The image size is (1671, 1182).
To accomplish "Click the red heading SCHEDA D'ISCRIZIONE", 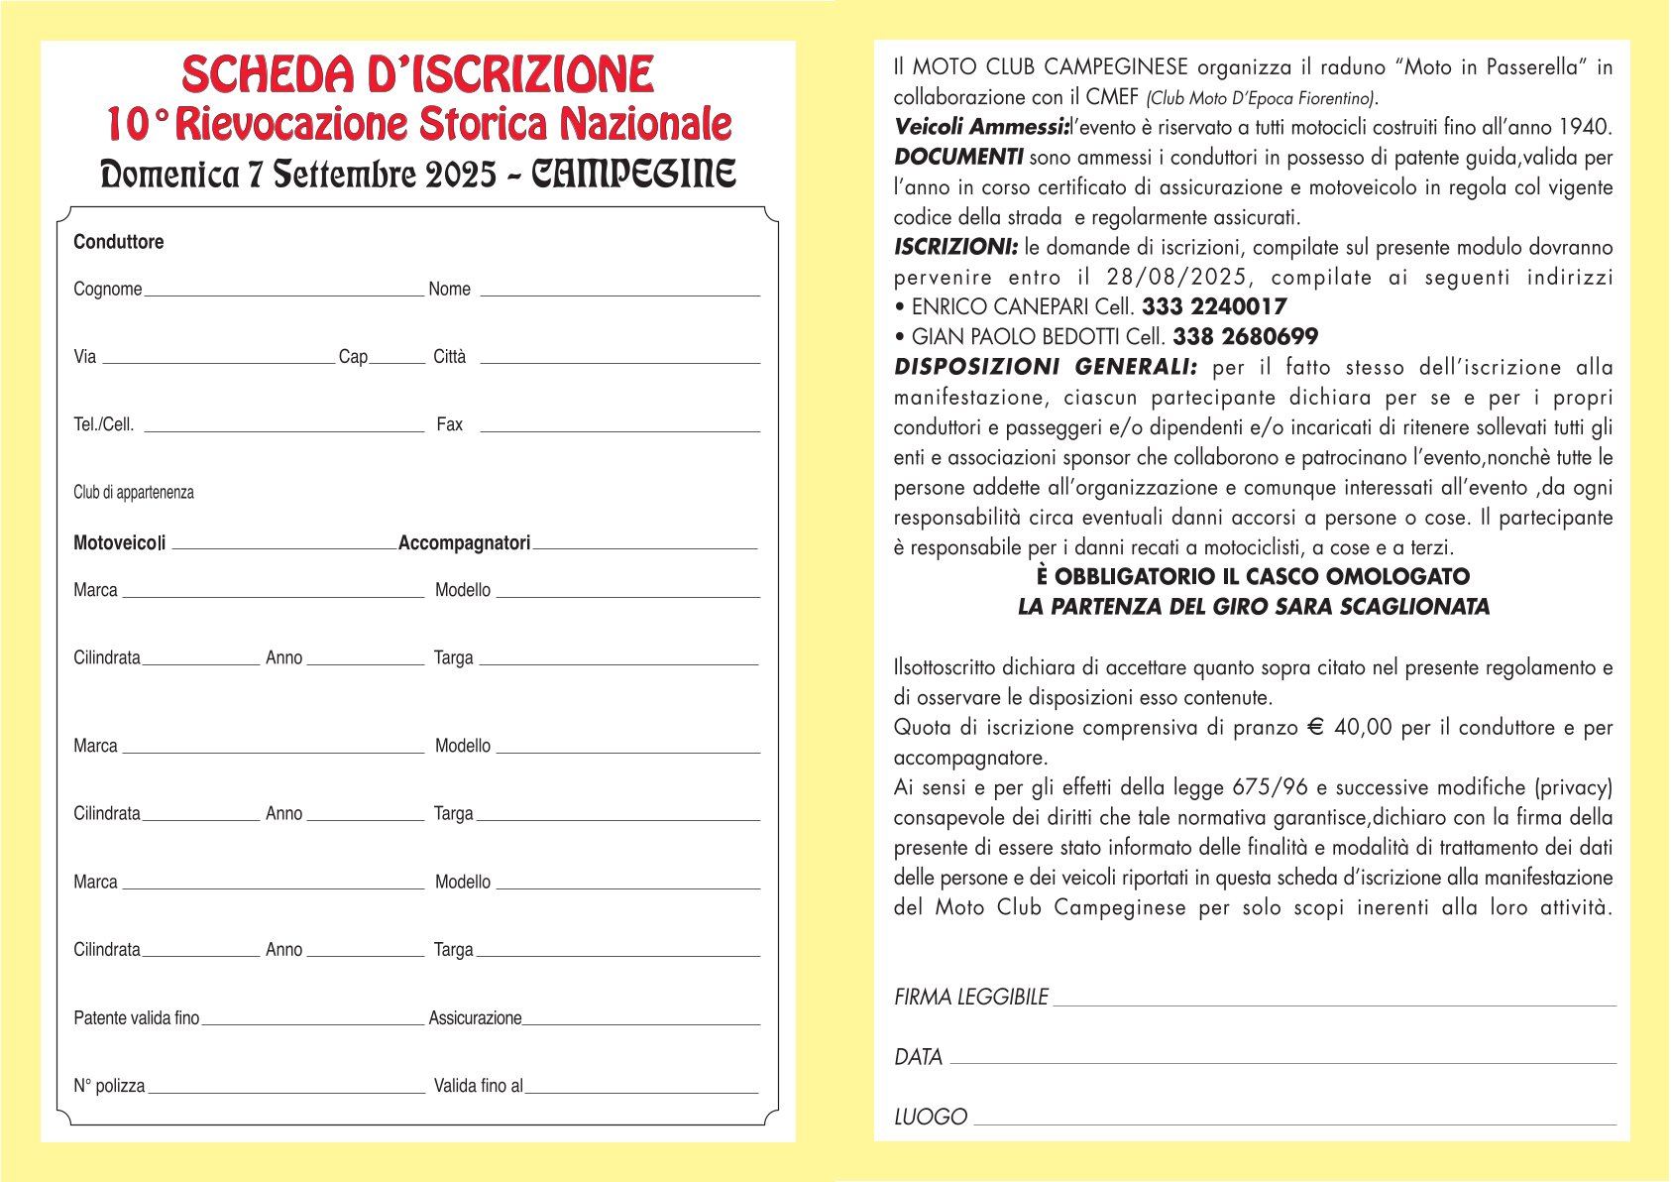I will coord(417,75).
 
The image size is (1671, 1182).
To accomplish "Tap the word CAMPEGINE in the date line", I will coord(634,175).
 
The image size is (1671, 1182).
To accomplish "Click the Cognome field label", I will coord(107,290).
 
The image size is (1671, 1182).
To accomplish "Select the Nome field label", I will coord(449,290).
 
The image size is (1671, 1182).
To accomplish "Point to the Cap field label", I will coord(353,357).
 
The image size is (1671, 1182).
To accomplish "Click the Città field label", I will coord(449,357).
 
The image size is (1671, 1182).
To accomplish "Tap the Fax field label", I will coord(449,424).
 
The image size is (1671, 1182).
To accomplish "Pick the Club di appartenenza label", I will coord(133,493).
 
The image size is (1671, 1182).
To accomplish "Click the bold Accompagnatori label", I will coord(464,543).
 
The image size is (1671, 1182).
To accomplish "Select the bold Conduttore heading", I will coord(118,242).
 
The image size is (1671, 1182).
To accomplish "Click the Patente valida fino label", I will coord(136,1018).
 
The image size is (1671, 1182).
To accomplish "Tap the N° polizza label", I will coord(109,1086).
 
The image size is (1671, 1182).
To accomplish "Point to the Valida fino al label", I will coord(478,1086).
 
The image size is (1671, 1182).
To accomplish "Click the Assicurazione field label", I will coord(475,1018).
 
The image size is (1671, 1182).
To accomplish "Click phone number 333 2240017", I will coord(1214,307).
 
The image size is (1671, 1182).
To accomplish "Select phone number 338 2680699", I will coord(1245,337).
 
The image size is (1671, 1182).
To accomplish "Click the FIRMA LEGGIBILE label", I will coord(970,998).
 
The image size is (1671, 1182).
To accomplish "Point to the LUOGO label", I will coord(930,1118).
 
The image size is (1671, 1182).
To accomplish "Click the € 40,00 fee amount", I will coord(1350,728).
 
